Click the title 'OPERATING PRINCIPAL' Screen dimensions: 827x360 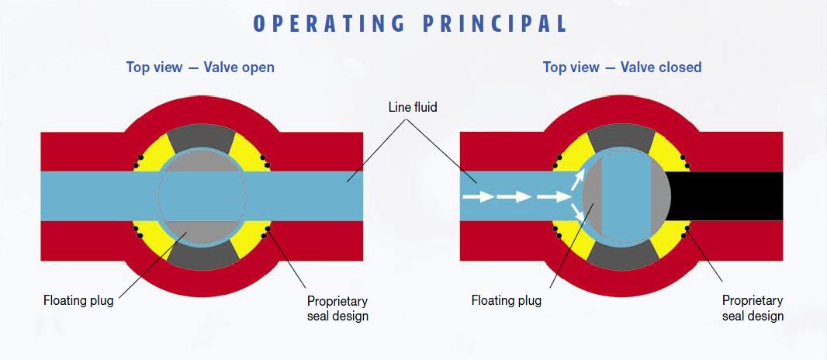tap(410, 24)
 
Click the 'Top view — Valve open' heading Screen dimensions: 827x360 tap(200, 67)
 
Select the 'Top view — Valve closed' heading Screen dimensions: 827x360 tap(622, 67)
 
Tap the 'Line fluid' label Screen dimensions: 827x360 tap(413, 108)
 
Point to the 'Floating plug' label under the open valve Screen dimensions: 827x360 tap(78, 301)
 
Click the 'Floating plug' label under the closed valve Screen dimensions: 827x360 tap(507, 301)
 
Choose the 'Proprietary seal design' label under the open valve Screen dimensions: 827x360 tap(337, 309)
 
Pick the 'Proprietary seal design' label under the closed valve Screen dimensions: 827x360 tap(753, 308)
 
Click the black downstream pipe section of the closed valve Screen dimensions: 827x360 tap(725, 196)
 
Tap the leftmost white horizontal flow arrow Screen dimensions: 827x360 tap(479, 197)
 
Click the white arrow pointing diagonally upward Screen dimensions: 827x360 tap(578, 180)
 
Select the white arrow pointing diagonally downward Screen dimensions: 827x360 tap(579, 213)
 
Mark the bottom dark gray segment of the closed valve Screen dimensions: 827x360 tap(622, 256)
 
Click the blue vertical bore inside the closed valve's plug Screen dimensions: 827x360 tap(626, 196)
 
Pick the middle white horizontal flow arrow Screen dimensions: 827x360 tap(514, 197)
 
